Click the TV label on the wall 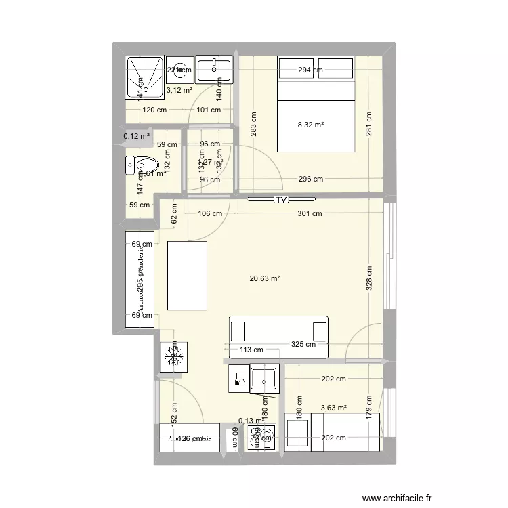point(280,200)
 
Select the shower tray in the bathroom point(144,76)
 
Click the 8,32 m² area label point(311,125)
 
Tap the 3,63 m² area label point(333,408)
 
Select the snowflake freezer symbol point(174,356)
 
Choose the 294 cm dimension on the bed point(309,70)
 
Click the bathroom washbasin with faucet point(213,68)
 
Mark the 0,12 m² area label point(136,136)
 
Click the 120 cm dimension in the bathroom point(154,110)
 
